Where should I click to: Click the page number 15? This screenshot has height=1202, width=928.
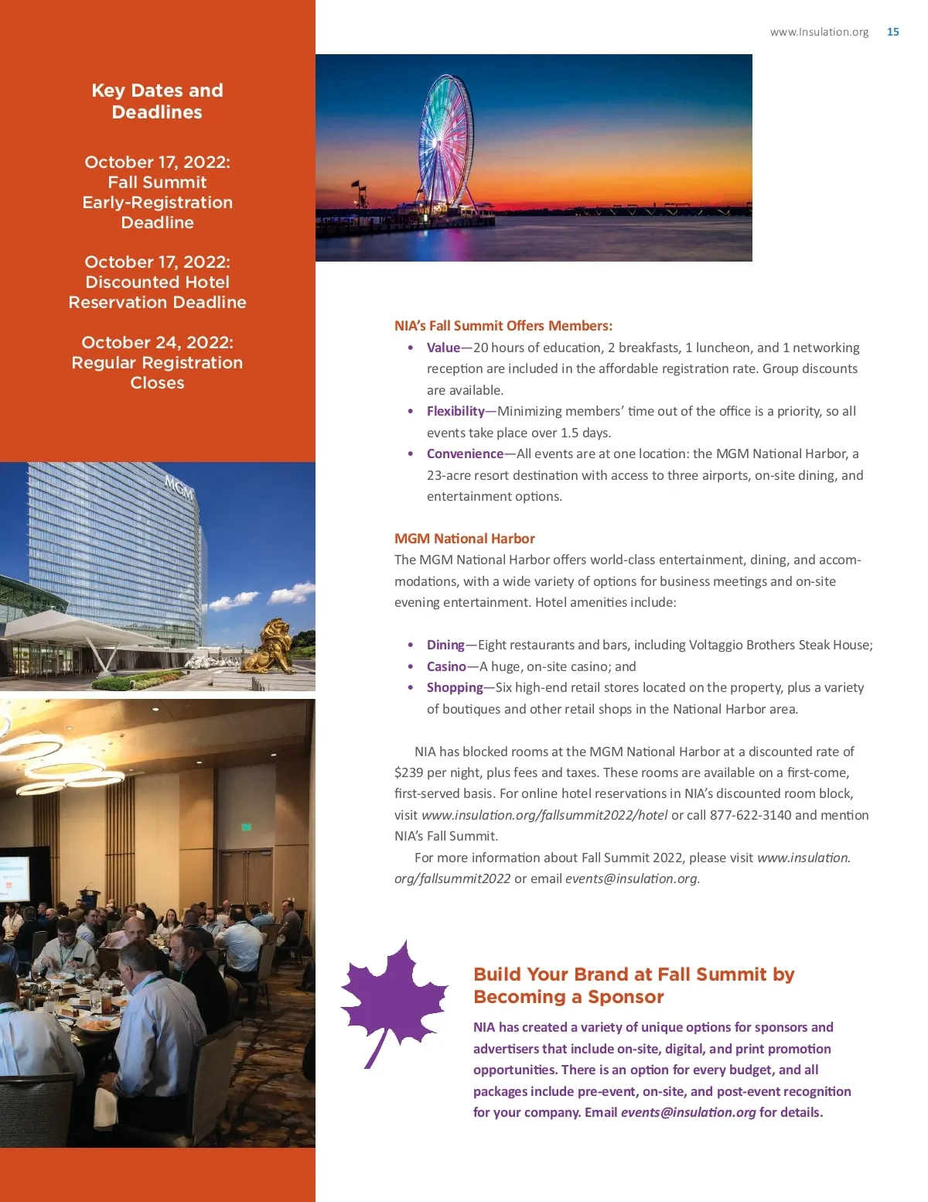(x=892, y=32)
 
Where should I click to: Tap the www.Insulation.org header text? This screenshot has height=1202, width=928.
(x=819, y=32)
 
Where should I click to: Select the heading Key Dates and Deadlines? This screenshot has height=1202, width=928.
(x=157, y=101)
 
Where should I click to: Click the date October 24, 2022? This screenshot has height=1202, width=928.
(x=157, y=342)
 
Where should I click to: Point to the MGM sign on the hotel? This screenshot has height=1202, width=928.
(x=179, y=488)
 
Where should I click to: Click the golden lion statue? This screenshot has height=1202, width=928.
(x=268, y=647)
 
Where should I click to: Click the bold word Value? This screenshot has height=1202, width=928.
(x=443, y=348)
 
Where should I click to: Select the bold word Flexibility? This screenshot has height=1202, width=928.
(x=455, y=411)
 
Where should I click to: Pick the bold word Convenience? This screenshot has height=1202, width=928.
(x=465, y=454)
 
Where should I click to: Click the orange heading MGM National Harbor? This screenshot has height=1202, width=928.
(x=464, y=539)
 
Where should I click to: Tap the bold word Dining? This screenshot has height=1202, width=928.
(x=445, y=645)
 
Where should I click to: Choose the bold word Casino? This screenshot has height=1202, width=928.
(x=446, y=666)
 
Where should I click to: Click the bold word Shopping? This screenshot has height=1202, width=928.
(x=455, y=687)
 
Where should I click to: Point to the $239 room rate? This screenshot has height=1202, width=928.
(x=408, y=772)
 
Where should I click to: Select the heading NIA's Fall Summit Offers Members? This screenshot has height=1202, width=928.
(x=503, y=326)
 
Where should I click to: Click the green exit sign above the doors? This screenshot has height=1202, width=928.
(x=246, y=827)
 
